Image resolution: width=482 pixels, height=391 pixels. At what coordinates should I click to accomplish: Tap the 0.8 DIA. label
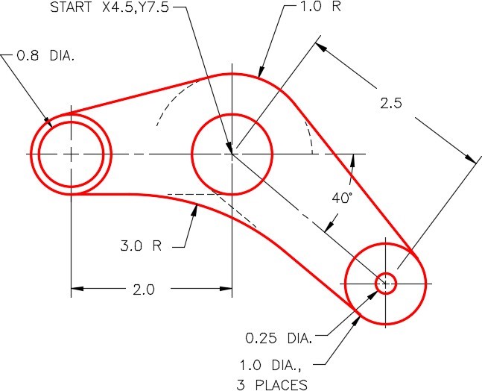51,54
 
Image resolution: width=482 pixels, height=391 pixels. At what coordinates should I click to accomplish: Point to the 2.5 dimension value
390,104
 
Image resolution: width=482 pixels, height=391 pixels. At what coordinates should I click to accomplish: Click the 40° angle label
341,198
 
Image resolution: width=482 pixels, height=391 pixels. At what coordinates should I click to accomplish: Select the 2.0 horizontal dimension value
141,290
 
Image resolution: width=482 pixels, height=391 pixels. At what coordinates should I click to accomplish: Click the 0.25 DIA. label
279,337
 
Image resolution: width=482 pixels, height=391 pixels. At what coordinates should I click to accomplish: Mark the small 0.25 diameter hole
385,283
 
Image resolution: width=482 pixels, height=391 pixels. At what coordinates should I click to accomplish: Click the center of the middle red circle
232,154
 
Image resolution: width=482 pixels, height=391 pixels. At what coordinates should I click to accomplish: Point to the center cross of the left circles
71,154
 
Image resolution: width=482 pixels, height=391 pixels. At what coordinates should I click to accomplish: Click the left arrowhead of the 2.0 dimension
76,288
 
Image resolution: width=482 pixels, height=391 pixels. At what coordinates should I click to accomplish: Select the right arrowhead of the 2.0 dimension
226,288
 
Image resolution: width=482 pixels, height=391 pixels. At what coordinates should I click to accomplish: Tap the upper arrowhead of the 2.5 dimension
323,46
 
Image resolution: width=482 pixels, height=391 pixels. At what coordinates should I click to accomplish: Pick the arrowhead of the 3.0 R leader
196,210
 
